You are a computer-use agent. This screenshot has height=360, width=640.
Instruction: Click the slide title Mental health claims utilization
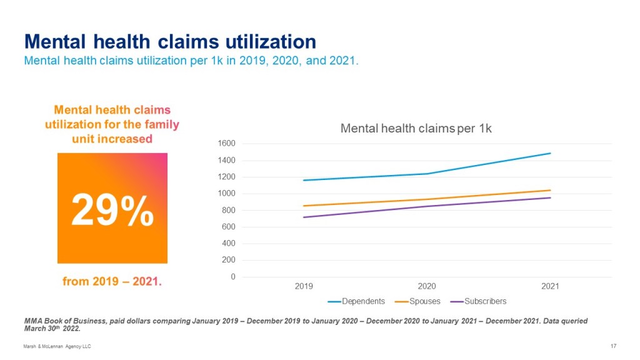pyautogui.click(x=170, y=42)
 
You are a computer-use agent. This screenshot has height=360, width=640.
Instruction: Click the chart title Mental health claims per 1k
pyautogui.click(x=416, y=129)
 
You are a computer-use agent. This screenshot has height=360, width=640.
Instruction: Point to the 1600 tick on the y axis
pyautogui.click(x=226, y=144)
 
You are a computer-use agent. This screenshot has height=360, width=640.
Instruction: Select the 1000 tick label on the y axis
pyautogui.click(x=226, y=194)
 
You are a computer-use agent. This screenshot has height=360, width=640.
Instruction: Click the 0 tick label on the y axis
pyautogui.click(x=232, y=277)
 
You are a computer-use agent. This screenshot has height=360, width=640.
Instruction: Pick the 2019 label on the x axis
pyautogui.click(x=304, y=286)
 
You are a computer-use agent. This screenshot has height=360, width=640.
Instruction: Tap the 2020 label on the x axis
pyautogui.click(x=427, y=286)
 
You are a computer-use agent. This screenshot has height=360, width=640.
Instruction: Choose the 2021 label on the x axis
pyautogui.click(x=550, y=286)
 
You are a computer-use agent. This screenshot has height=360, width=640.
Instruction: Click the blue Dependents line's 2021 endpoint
pyautogui.click(x=550, y=153)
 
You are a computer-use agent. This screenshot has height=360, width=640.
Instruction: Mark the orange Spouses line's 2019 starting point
pyautogui.click(x=304, y=206)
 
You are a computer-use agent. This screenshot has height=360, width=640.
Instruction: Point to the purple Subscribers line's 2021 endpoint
pyautogui.click(x=550, y=197)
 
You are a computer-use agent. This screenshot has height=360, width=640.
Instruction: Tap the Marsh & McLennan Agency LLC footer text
pyautogui.click(x=57, y=346)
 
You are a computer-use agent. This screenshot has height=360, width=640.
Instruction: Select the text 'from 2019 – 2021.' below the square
pyautogui.click(x=112, y=282)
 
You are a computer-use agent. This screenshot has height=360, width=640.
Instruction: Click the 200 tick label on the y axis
pyautogui.click(x=228, y=260)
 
